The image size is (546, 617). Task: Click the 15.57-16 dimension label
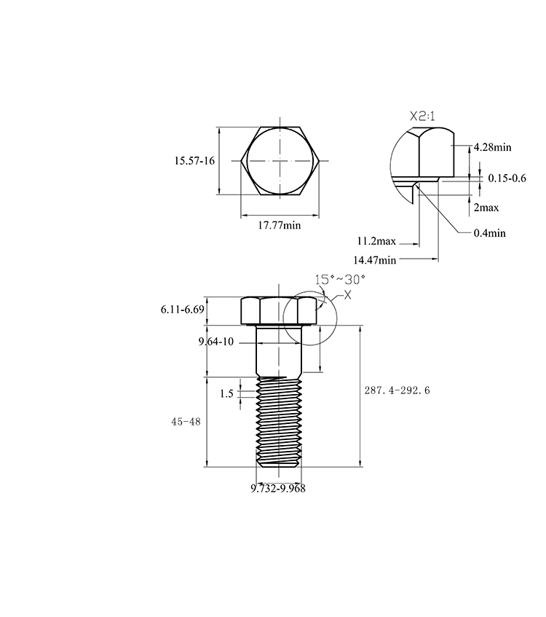coord(194,161)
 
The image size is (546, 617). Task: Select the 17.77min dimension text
coord(280,226)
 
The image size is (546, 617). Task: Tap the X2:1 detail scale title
coord(422,117)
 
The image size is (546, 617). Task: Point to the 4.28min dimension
coord(493,147)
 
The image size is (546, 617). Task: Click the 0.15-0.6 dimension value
coord(507,178)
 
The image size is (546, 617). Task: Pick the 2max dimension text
coord(486,208)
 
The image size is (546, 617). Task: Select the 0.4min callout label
coord(490,233)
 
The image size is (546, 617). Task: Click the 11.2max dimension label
coord(376,241)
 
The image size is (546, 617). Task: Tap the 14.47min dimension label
coord(375,260)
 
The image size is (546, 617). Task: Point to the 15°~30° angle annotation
coord(340,280)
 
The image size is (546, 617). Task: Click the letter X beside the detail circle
coord(348,295)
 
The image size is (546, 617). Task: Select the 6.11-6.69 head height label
coord(183,310)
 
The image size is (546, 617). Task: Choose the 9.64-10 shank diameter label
coord(216,342)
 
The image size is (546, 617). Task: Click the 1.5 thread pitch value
coord(226,393)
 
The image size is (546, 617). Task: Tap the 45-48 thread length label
coord(186,422)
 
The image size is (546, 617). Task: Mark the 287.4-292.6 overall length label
coord(397,390)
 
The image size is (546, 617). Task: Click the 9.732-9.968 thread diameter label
coord(278,488)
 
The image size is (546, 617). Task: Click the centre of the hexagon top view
coord(280,160)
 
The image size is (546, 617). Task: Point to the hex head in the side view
coord(279,311)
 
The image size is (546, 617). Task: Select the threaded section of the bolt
coord(279,422)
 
